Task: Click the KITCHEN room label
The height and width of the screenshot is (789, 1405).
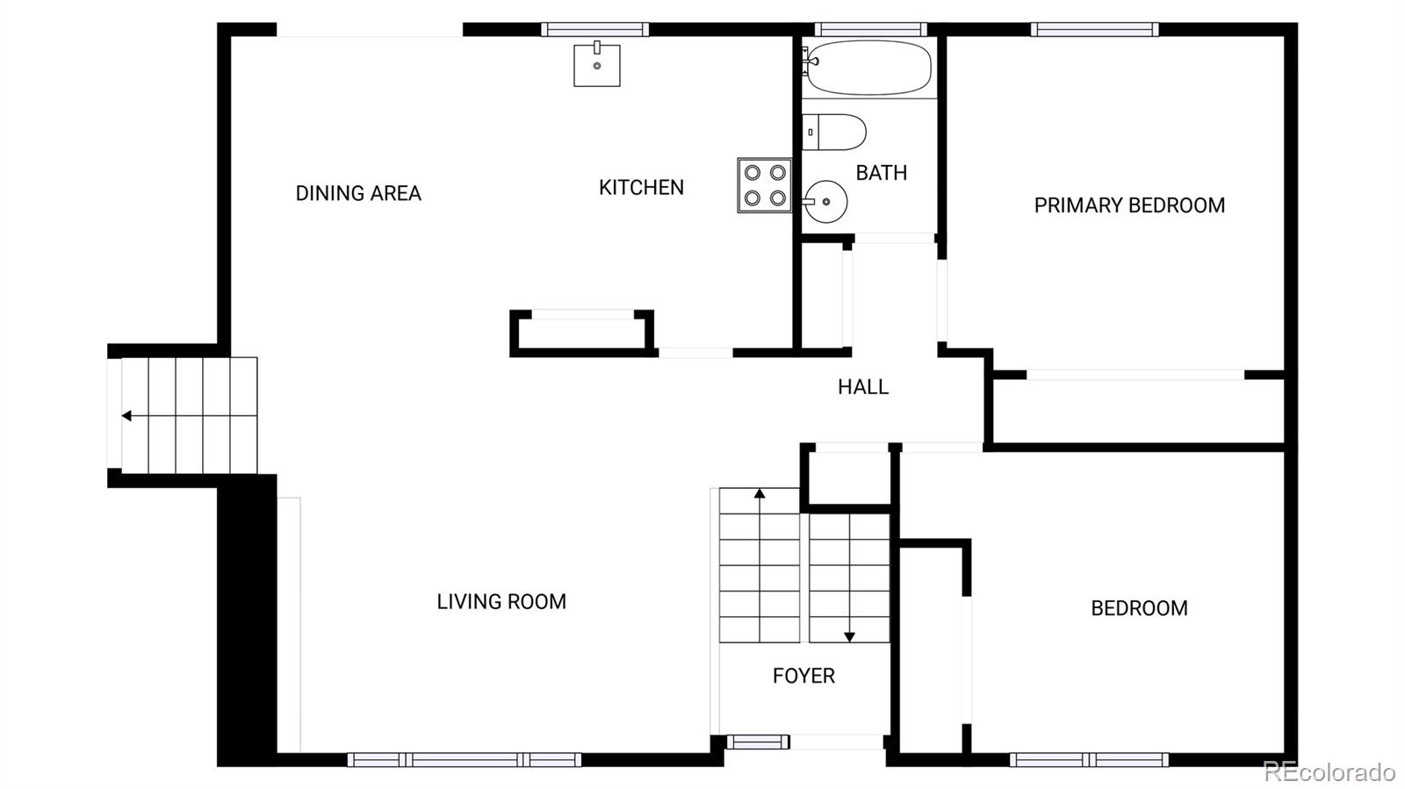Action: click(641, 188)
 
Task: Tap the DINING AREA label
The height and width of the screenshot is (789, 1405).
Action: click(358, 194)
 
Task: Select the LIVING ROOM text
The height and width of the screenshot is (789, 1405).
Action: click(501, 602)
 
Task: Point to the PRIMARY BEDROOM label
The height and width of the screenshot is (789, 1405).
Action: click(1129, 205)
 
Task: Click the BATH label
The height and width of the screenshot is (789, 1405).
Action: click(881, 173)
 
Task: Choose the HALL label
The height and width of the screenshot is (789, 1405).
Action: click(862, 387)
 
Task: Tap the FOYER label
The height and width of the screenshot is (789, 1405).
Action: click(803, 676)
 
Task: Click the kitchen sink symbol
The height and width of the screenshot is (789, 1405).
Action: click(597, 66)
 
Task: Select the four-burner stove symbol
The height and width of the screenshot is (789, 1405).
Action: click(765, 185)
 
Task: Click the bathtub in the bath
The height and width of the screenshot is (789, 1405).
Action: click(868, 68)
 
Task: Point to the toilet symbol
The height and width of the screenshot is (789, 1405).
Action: click(834, 132)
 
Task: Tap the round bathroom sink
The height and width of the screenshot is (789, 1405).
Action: click(825, 202)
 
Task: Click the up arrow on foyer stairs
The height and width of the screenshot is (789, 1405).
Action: click(760, 494)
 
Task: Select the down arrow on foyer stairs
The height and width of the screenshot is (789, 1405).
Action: click(849, 637)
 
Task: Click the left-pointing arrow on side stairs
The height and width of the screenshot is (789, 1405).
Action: click(127, 416)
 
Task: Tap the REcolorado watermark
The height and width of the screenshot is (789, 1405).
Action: click(1329, 772)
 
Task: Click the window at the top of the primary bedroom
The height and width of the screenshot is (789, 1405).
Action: click(1094, 30)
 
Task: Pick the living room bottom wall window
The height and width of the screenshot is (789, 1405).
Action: click(464, 760)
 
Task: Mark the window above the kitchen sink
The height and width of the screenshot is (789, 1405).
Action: click(595, 30)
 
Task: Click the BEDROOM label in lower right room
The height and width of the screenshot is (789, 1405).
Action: click(1139, 608)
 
